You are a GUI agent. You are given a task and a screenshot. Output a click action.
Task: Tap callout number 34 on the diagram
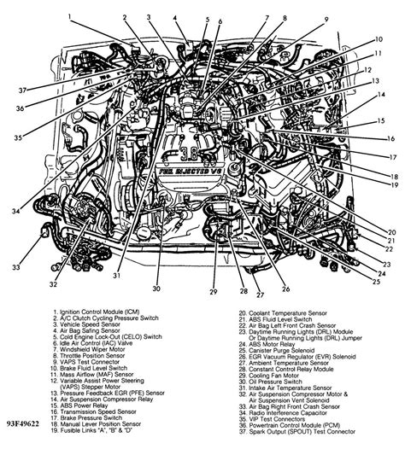[15, 210]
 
